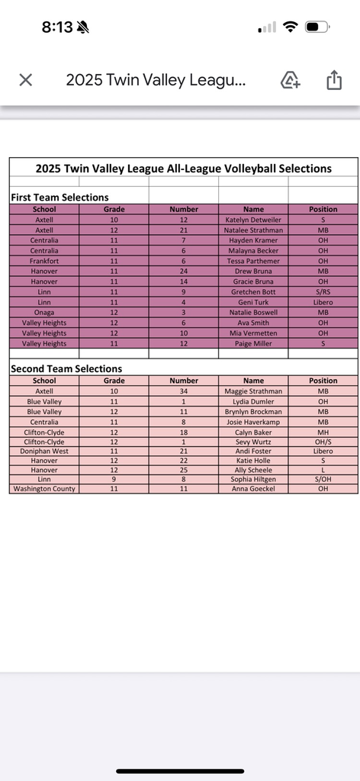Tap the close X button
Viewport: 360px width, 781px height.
(x=25, y=80)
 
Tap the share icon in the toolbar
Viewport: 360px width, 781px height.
(x=334, y=80)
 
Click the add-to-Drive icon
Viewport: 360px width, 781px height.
(x=291, y=80)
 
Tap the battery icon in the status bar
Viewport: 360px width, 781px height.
(x=317, y=27)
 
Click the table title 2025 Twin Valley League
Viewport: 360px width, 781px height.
(x=183, y=169)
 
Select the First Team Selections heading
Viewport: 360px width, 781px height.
(x=59, y=198)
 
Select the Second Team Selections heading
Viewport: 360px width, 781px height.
(x=66, y=369)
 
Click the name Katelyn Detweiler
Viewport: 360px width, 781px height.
(x=253, y=220)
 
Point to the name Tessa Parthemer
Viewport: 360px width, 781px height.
(x=253, y=261)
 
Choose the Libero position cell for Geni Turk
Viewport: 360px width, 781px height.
(x=323, y=302)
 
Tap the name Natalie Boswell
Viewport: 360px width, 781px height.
(x=253, y=313)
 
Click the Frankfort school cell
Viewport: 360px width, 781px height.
(x=44, y=261)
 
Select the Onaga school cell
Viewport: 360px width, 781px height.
(x=44, y=313)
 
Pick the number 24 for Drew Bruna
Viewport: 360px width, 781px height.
(x=183, y=272)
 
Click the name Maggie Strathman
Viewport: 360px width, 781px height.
(x=253, y=391)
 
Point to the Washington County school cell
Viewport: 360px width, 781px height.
(x=44, y=489)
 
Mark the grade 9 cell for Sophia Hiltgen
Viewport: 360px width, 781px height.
(x=114, y=479)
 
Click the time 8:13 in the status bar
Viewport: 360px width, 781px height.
(x=57, y=27)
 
